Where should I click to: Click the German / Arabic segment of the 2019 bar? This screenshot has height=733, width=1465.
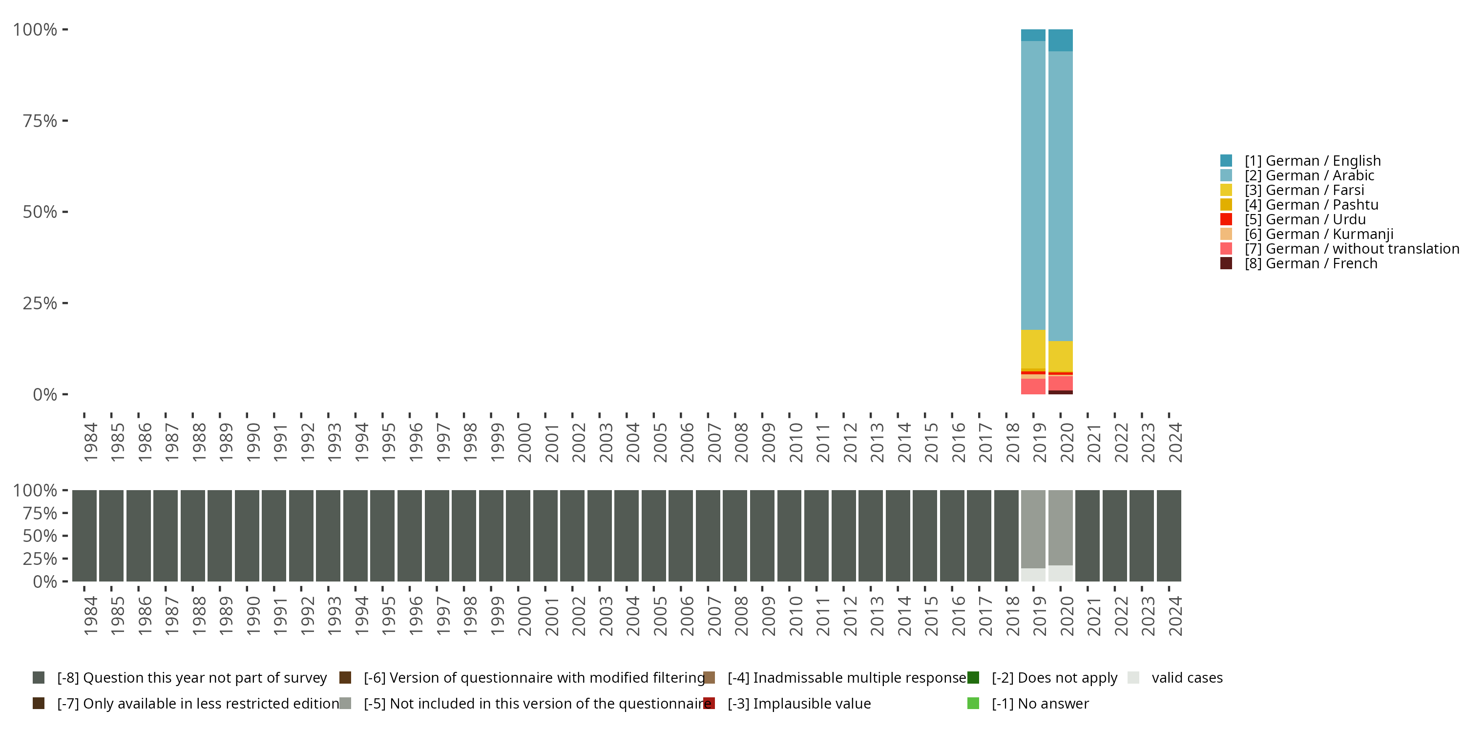1033,185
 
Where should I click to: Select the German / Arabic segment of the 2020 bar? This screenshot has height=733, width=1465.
1060,196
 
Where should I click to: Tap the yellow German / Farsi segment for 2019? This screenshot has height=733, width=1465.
1033,349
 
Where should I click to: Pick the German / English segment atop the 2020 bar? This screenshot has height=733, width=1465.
1060,40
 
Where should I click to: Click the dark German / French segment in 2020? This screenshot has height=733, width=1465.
1060,392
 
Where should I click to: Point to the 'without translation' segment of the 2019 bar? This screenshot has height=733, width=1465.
1033,387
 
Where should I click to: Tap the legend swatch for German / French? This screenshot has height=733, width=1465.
1226,263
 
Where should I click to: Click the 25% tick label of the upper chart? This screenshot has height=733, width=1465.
41,303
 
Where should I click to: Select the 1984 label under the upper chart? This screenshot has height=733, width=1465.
90,442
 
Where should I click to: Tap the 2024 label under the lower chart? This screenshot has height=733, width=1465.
1175,616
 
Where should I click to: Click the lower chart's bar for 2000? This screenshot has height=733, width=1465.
518,536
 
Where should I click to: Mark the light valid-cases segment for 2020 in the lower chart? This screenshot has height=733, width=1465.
1060,573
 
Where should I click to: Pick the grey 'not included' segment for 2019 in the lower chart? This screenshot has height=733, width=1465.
1033,529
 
